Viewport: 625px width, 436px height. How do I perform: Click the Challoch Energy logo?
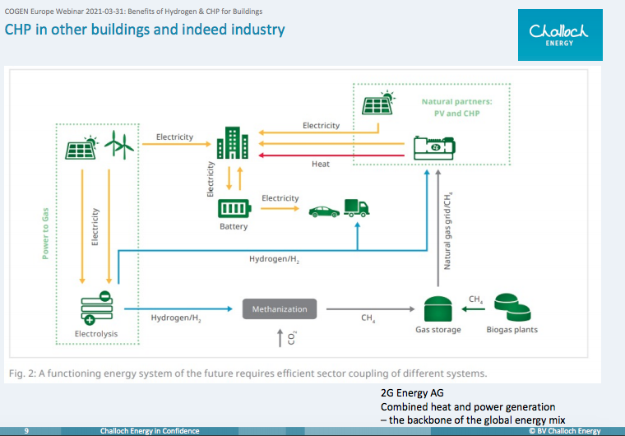(x=560, y=35)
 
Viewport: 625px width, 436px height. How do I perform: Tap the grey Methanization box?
(x=280, y=308)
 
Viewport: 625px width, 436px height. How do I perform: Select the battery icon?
(x=234, y=208)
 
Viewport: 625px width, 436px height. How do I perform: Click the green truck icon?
(x=356, y=208)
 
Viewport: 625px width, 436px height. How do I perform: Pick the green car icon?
(x=324, y=211)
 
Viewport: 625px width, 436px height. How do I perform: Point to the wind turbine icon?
(x=119, y=145)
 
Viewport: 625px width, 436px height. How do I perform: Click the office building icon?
(x=233, y=143)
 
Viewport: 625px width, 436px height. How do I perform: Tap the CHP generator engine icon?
(x=434, y=148)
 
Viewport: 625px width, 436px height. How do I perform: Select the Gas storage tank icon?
(x=437, y=308)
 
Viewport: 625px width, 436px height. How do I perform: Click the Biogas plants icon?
(x=512, y=307)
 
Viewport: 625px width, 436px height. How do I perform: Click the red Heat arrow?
(x=331, y=155)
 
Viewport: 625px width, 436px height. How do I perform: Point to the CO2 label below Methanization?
(x=292, y=337)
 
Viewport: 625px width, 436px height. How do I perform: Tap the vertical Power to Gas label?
(x=45, y=234)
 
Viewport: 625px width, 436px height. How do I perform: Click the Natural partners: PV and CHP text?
(x=456, y=107)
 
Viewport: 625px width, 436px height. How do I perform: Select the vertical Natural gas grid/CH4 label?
(x=447, y=231)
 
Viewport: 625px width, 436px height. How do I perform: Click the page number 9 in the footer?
(x=26, y=431)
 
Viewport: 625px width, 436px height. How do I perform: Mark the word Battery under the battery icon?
(x=234, y=226)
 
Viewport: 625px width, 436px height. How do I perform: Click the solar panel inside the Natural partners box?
(x=378, y=103)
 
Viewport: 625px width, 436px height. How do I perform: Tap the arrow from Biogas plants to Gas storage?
(x=473, y=308)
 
